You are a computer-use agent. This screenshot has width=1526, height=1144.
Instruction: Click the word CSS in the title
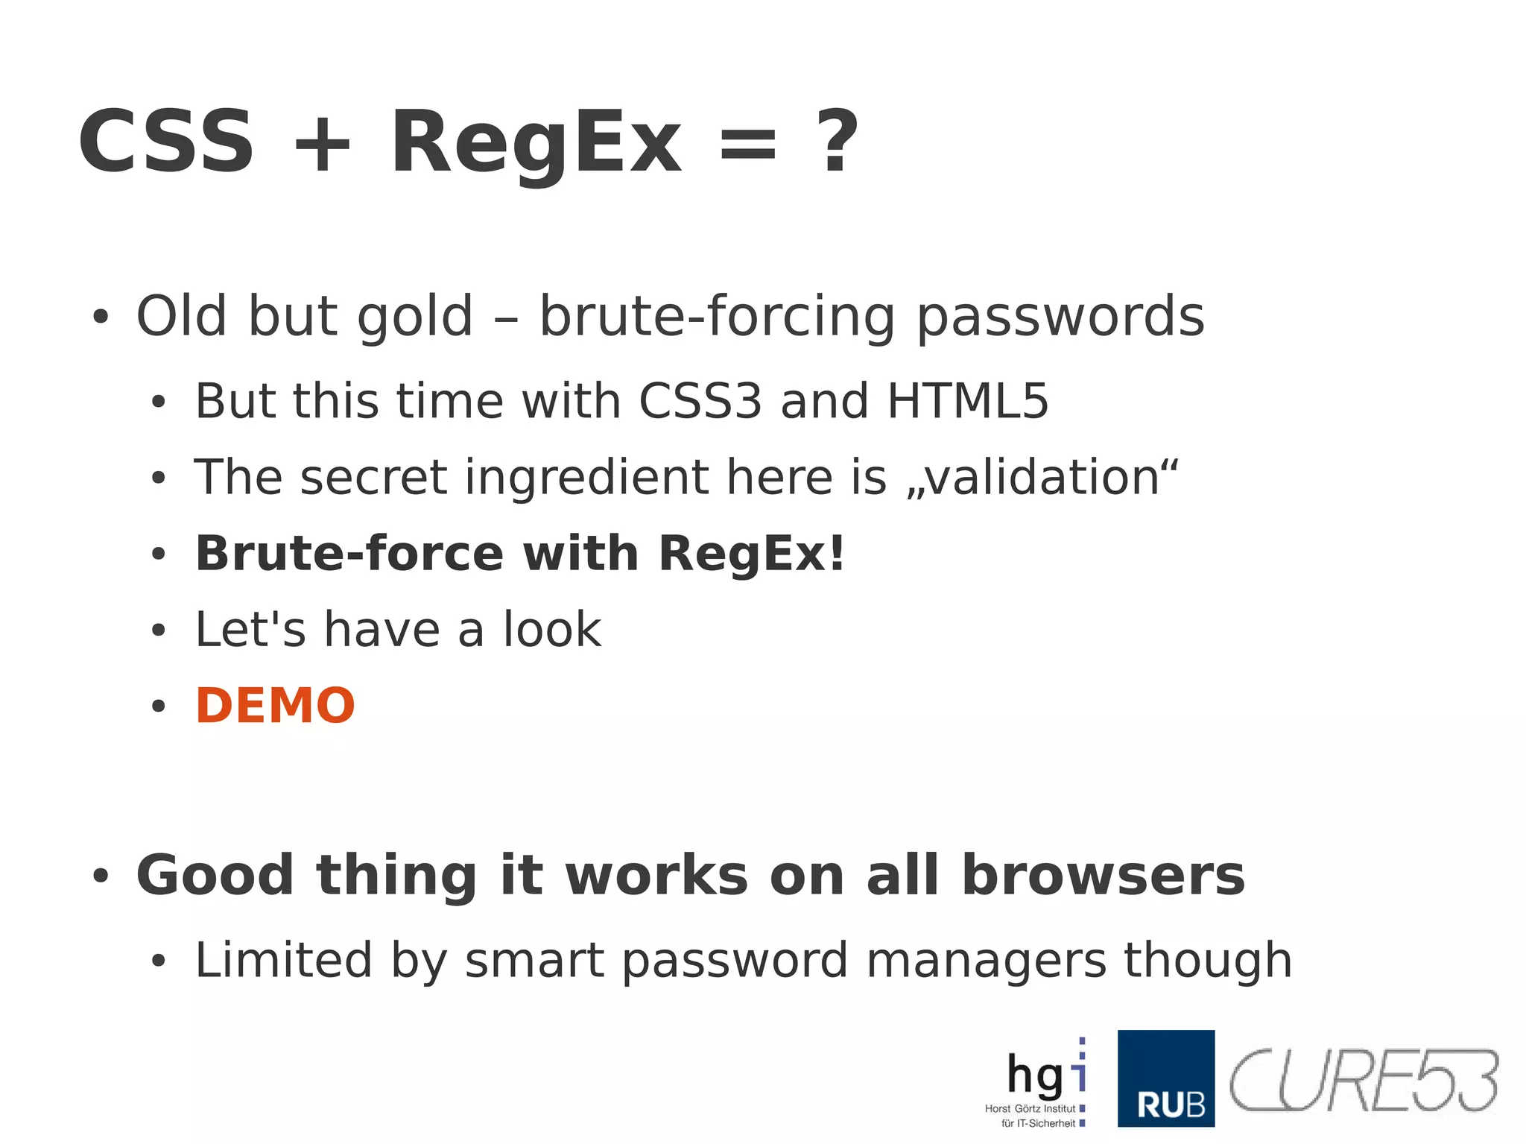pos(166,141)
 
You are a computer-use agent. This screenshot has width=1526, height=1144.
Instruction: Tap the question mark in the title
pos(838,141)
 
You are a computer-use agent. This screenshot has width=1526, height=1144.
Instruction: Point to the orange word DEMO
pos(275,705)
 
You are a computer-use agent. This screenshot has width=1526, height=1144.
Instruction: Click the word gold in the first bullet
pos(415,317)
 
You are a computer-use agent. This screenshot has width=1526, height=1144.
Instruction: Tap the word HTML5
pos(967,401)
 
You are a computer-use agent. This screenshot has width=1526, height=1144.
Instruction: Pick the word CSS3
pos(700,401)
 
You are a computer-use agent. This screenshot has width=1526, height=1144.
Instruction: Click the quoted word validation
pos(1042,477)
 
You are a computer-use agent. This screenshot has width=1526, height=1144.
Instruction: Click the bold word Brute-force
pos(349,554)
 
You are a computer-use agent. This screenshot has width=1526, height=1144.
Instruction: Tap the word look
pos(551,630)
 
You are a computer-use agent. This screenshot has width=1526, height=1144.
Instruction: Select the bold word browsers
pos(1103,875)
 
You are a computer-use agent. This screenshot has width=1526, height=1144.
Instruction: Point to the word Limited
pos(283,960)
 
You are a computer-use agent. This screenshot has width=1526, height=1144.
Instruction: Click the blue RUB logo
pos(1165,1078)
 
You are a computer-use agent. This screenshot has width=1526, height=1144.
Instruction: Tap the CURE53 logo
pos(1363,1081)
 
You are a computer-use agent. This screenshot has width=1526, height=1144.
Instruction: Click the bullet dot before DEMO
pos(158,706)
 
